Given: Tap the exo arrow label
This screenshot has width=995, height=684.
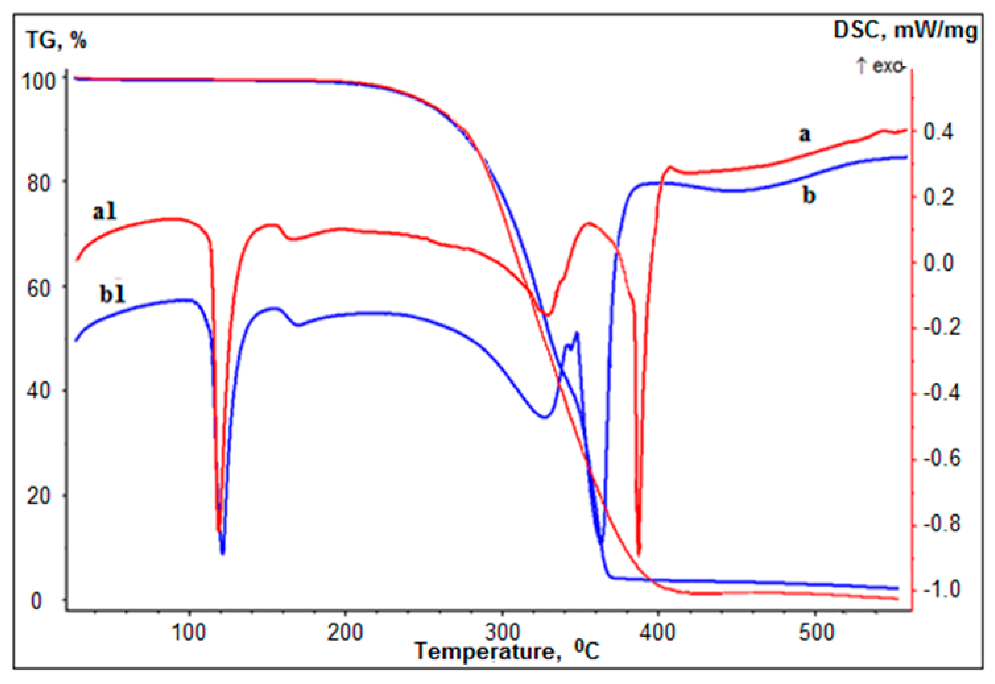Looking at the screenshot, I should (880, 66).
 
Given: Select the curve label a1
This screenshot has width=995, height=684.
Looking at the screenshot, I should (105, 212).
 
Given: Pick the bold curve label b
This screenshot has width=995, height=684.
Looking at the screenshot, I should (809, 196).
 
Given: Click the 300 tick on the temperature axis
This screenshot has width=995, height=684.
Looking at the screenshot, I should (502, 633).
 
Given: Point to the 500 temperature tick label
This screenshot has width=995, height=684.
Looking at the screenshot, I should (817, 633).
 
